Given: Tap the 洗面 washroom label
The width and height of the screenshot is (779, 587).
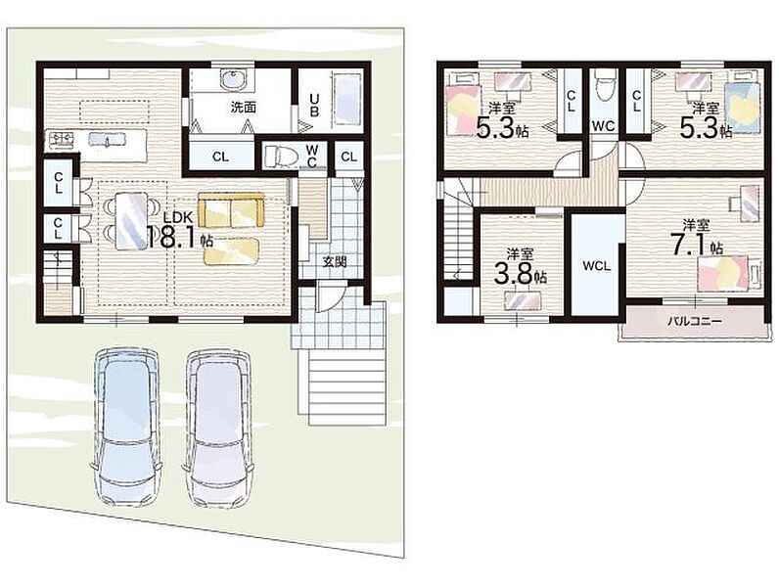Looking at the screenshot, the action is pos(244,108).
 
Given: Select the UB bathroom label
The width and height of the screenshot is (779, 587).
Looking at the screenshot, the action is pos(314,106).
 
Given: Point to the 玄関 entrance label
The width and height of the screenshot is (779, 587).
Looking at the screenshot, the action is pos(335,262).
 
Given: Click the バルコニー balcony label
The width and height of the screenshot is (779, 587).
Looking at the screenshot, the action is pos(695,321).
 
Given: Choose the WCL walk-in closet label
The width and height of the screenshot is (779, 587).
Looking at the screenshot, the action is pos(597,266).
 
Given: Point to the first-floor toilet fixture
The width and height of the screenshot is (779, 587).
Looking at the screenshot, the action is pos(281,156).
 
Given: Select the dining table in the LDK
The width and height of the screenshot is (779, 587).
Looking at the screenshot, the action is pos(131,221).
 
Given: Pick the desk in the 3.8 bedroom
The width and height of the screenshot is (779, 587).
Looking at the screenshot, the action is pos(523,301).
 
